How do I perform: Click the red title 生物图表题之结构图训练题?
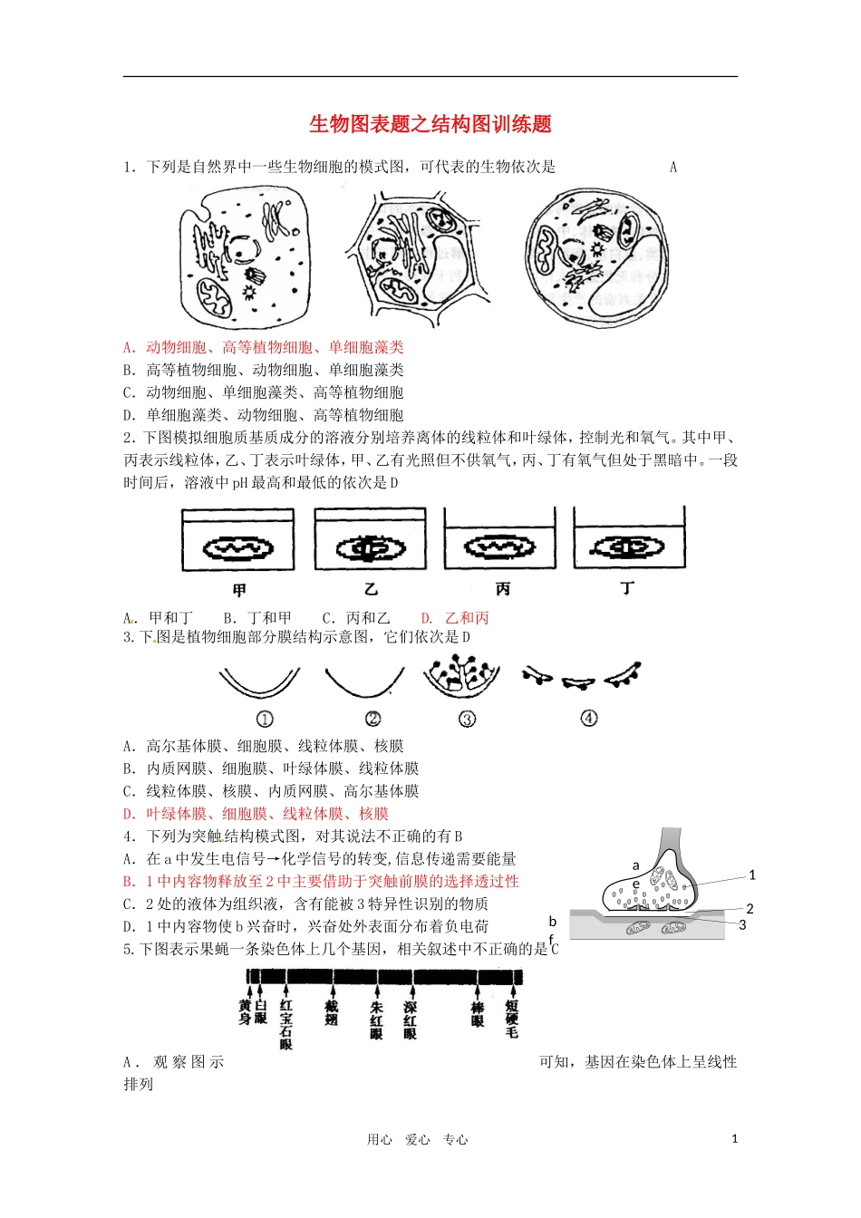point(430,124)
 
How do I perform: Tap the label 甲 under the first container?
point(239,590)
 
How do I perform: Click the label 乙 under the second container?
point(371,590)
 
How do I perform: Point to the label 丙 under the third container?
point(502,590)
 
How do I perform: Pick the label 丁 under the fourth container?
point(627,589)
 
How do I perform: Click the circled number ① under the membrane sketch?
point(265,719)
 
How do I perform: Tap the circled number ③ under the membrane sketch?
point(467,719)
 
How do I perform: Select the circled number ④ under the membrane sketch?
point(589,719)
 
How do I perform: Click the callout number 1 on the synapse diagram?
point(751,875)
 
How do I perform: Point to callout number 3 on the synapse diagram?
point(742,925)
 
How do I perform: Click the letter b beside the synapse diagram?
point(553,922)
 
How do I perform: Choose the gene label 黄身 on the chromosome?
point(245,1013)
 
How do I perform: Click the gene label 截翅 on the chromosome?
point(331,1013)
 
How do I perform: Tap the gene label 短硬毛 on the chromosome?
point(512,1019)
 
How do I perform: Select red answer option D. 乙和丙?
point(455,618)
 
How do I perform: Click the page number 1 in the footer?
point(734,1139)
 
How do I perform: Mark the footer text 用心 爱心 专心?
point(417,1140)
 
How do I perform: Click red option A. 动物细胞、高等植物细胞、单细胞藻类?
point(264,347)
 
